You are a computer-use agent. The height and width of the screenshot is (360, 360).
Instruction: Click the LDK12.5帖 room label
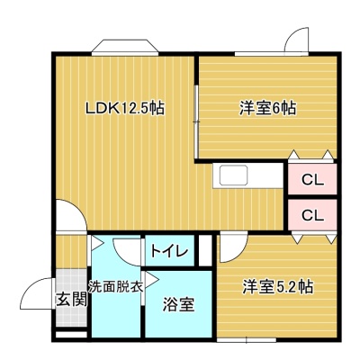coord(125,108)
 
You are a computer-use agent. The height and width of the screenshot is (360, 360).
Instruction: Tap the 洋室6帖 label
coord(267,108)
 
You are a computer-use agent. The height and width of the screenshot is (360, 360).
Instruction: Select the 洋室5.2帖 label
coord(278,287)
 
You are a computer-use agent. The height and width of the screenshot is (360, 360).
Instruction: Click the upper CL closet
coord(312,179)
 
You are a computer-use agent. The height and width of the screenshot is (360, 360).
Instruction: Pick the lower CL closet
coord(312,214)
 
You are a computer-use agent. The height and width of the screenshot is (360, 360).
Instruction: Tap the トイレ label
coord(169,251)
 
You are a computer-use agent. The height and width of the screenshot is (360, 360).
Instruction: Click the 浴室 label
coord(179,304)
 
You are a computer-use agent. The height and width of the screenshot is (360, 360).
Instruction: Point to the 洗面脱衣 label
coord(115,287)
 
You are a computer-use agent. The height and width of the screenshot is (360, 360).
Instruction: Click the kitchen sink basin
coord(234,175)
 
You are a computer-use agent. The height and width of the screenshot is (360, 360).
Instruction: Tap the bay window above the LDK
coord(125,48)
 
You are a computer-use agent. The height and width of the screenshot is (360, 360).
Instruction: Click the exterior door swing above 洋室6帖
coord(296,40)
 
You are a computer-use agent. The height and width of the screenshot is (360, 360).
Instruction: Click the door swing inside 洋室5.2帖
coord(233,247)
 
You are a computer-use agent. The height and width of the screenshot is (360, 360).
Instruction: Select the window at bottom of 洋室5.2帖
coord(247,340)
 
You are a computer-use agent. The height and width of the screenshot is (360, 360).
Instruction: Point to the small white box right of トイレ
coord(205,251)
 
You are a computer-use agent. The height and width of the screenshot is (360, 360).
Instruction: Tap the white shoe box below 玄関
coord(71,335)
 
